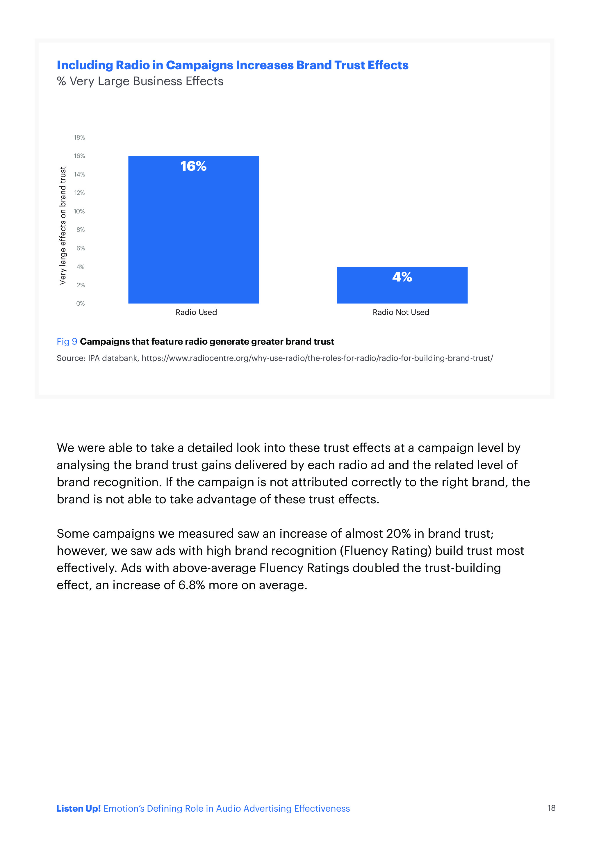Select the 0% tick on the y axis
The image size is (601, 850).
(80, 304)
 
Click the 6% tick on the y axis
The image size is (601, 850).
(80, 248)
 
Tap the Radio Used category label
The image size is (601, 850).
(196, 312)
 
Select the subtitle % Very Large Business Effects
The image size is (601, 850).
(140, 81)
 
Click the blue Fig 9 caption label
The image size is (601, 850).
(67, 341)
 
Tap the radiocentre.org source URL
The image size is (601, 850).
(317, 358)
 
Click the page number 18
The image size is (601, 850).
(551, 808)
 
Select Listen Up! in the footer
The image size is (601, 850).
(79, 808)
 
